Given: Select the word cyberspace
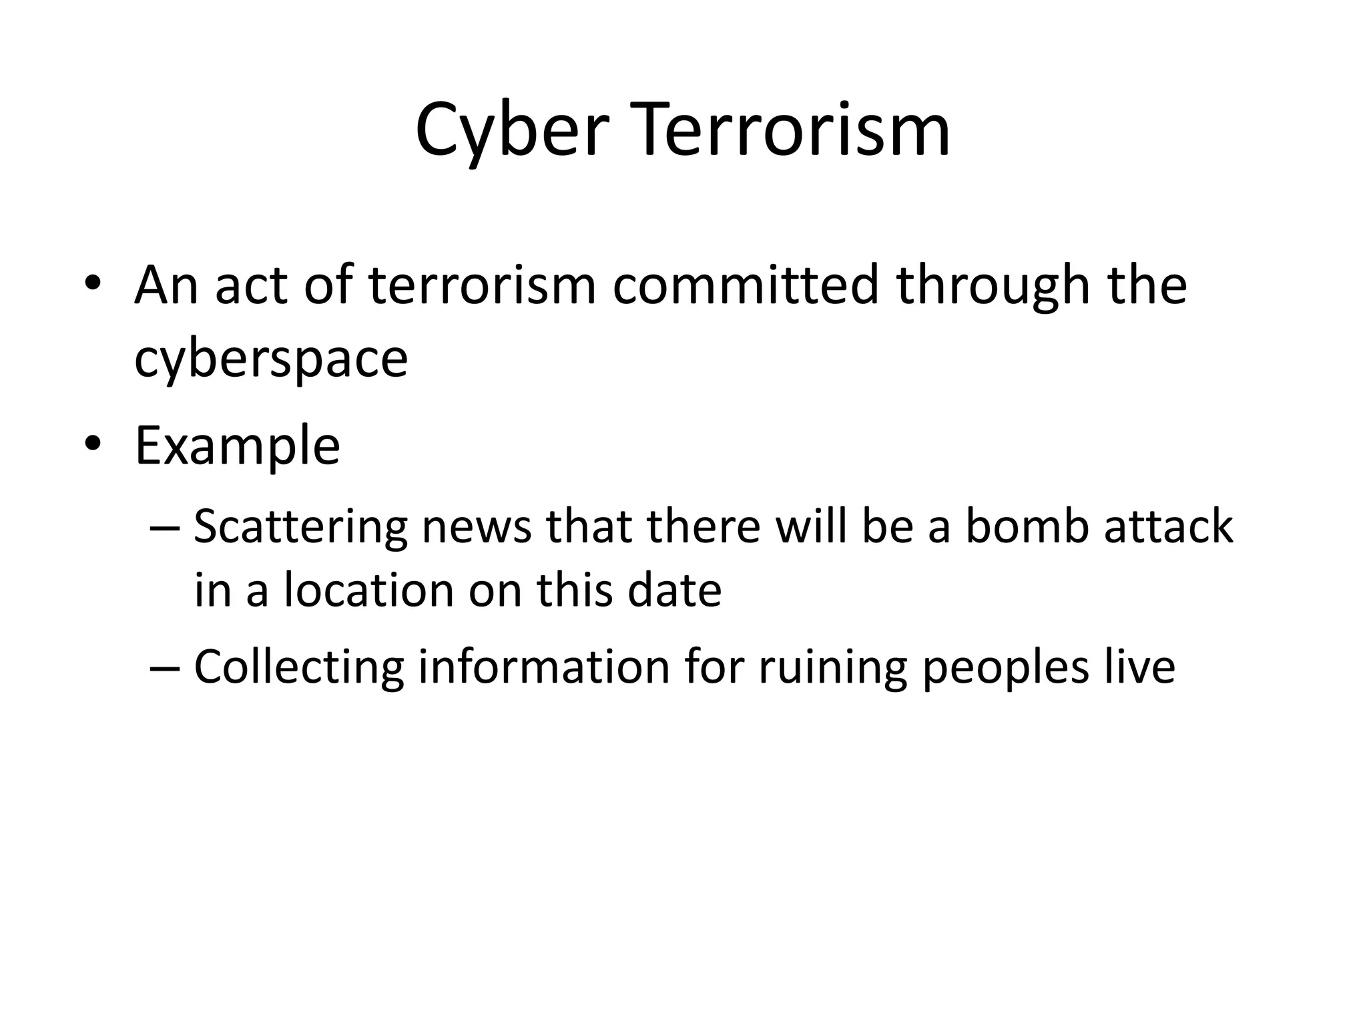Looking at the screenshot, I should [x=271, y=359].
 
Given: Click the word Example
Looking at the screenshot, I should [x=238, y=446].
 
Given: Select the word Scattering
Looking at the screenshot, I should [x=300, y=527].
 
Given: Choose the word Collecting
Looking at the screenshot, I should [x=298, y=667].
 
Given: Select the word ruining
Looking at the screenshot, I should [x=832, y=667].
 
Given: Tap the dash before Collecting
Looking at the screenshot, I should [x=166, y=669].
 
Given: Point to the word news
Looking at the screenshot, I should [x=477, y=527].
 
